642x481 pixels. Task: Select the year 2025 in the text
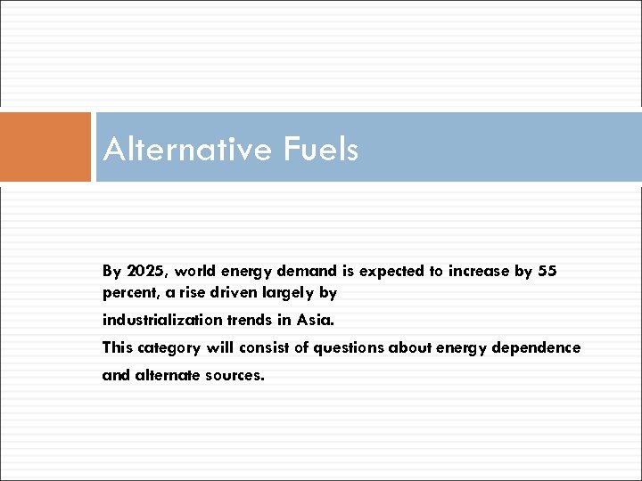141,271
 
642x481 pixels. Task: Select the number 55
547,271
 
